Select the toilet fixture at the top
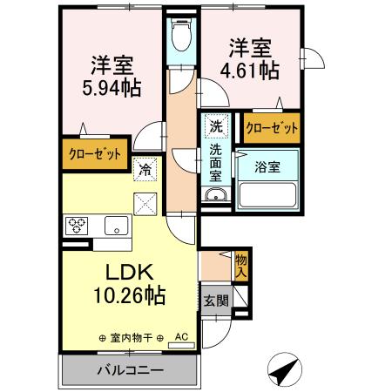pos(180,36)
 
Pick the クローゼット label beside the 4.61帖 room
pos(271,127)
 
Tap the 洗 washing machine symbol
pos(215,125)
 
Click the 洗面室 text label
pos(215,161)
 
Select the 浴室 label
pos(267,166)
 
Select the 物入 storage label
pos(241,265)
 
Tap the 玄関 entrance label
pos(216,301)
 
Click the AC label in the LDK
pos(181,336)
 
